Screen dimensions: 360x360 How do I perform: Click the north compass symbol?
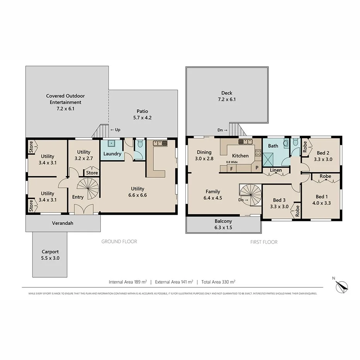pyautogui.click(x=341, y=286)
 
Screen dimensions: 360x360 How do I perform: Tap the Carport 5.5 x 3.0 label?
pyautogui.click(x=50, y=255)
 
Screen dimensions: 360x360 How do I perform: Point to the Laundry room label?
pyautogui.click(x=112, y=154)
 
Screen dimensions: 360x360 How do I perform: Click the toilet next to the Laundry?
pyautogui.click(x=140, y=145)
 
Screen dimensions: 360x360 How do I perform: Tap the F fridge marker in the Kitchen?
pyautogui.click(x=231, y=169)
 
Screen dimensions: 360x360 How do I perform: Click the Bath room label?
pyautogui.click(x=273, y=146)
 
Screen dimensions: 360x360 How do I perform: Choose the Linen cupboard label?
pyautogui.click(x=276, y=170)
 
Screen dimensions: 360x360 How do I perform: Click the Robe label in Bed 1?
pyautogui.click(x=325, y=176)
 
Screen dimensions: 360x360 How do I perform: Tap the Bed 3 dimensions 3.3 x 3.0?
pyautogui.click(x=279, y=206)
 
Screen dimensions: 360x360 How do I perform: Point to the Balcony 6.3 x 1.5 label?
pyautogui.click(x=223, y=224)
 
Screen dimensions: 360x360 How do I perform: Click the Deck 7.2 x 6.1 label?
pyautogui.click(x=226, y=96)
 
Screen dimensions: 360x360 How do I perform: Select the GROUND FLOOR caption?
pyautogui.click(x=119, y=241)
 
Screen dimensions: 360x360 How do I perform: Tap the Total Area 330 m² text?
pyautogui.click(x=218, y=282)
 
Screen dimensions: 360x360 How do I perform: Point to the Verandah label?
pyautogui.click(x=63, y=223)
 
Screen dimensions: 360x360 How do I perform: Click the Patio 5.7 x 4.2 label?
pyautogui.click(x=142, y=114)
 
